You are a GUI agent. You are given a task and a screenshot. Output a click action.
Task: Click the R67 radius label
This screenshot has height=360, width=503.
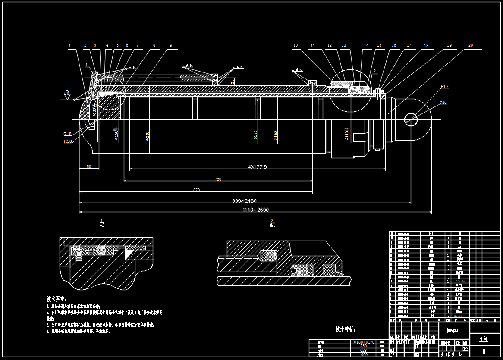[445, 87]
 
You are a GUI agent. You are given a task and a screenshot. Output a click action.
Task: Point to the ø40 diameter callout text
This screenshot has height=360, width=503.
[443, 102]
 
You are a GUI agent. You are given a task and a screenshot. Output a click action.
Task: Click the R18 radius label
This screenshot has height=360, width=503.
[68, 134]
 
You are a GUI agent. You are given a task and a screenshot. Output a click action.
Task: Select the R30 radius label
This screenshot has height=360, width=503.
[68, 141]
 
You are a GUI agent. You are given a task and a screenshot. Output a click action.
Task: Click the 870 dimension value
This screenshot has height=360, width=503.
[197, 190]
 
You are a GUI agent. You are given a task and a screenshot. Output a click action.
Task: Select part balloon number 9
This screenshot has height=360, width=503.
[171, 45]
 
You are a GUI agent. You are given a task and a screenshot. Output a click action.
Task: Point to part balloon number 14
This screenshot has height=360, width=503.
[366, 46]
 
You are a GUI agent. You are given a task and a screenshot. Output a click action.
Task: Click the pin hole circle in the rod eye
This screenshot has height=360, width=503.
[412, 119]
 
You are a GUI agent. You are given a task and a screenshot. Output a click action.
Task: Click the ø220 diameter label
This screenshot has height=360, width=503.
[148, 137]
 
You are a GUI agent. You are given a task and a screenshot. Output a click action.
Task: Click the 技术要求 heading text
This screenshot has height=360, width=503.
[57, 298]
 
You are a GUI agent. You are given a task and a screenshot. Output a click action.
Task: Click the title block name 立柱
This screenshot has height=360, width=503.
[484, 339]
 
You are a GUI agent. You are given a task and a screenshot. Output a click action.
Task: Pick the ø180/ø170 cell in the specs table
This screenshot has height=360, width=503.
[361, 341]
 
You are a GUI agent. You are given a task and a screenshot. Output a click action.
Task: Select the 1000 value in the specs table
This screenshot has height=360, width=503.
[363, 355]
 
